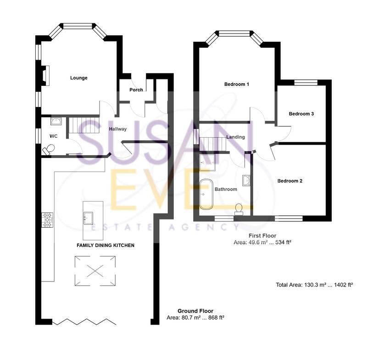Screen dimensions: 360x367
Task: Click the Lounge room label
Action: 78,78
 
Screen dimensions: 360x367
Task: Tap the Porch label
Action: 136,90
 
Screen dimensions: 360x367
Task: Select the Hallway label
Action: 117,129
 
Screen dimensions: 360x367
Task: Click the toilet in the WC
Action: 49,149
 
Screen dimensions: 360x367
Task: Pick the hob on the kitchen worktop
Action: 48,220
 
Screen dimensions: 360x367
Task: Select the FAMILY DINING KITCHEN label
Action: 105,246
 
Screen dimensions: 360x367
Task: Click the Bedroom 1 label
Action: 236,84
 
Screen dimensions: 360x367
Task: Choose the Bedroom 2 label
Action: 289,181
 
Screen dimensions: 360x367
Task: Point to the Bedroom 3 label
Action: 301,114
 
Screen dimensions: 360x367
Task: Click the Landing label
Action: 235,137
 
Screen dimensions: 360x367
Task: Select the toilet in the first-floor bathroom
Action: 239,209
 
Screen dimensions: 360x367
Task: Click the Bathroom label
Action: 226,189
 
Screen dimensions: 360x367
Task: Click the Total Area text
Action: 314,285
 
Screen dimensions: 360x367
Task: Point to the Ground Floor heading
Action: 195,311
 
